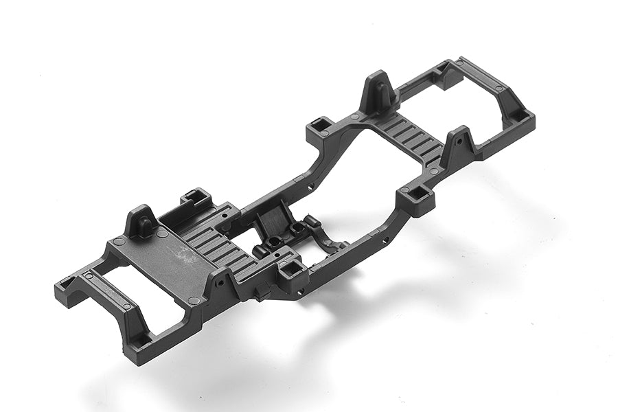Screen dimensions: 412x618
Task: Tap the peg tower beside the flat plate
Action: coord(141,220)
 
